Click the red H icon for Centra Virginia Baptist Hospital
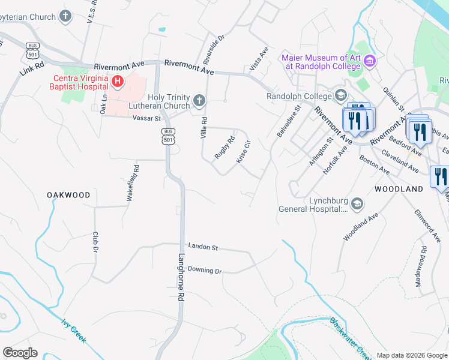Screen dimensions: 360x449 118,81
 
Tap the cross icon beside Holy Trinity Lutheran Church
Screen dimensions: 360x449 199,99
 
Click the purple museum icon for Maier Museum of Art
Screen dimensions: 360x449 370,61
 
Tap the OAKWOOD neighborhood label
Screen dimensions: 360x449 69,195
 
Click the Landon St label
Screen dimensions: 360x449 202,247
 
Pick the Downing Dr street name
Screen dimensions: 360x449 204,270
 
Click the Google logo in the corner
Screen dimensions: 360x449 20,353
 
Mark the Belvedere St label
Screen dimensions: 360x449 289,121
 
